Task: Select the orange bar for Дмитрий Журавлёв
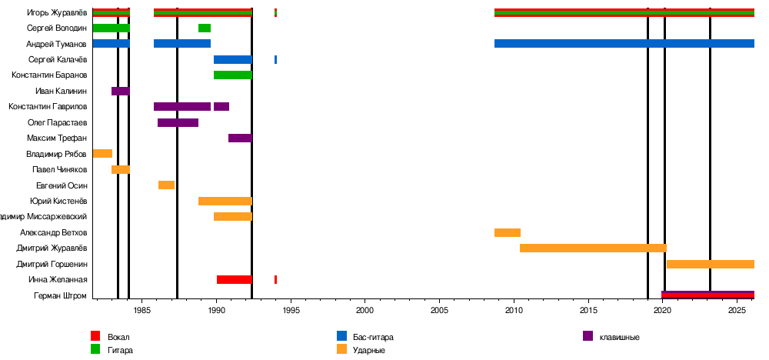coord(593,248)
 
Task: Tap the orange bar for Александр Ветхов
coord(508,232)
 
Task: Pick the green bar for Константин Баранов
coord(232,75)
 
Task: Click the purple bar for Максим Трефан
coord(240,138)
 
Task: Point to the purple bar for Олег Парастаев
coord(178,122)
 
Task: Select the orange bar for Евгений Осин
coord(166,185)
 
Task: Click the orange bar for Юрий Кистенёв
coord(225,201)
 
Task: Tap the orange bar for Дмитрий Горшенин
coord(710,264)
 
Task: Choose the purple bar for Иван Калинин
coord(120,91)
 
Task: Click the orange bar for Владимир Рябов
coord(102,153)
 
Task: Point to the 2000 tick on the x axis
coord(365,298)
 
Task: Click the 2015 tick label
coord(588,310)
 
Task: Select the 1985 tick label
coord(141,310)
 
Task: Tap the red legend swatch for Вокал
coord(95,336)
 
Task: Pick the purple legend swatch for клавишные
coord(588,336)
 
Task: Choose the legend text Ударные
coord(369,350)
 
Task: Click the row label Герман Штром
coord(61,295)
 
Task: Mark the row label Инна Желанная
coord(58,279)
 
